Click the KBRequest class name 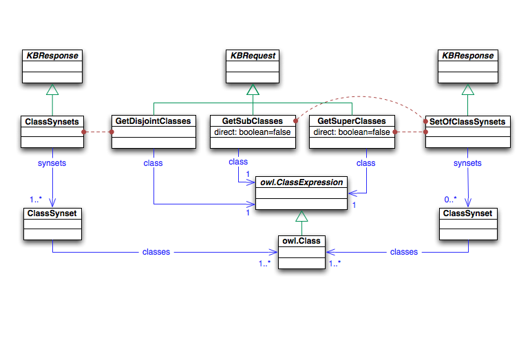point(253,56)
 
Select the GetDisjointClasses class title point(153,121)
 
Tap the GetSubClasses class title point(253,121)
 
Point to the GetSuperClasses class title point(352,121)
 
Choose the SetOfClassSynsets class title point(468,121)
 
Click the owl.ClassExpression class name point(301,182)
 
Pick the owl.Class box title point(301,240)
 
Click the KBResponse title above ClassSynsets point(52,56)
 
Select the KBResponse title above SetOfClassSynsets point(468,56)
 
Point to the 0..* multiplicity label point(451,200)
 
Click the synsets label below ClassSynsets point(52,163)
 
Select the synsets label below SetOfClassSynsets point(468,163)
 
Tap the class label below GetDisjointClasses point(153,163)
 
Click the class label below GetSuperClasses point(366,163)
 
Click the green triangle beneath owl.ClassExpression point(301,215)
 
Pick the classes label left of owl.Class point(156,252)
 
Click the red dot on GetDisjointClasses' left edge point(112,131)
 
